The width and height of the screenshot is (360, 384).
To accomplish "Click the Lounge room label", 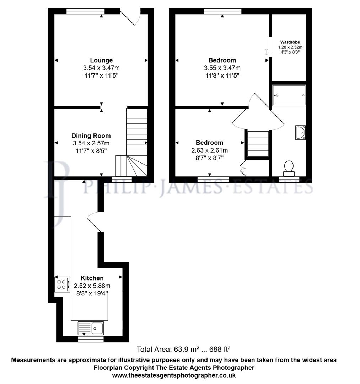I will (101, 60).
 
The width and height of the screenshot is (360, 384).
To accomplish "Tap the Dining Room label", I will (91, 135).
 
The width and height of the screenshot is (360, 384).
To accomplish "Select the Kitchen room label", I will (92, 278).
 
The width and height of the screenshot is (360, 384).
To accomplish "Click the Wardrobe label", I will (290, 42).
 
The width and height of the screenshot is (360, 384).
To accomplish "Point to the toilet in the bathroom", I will (289, 167).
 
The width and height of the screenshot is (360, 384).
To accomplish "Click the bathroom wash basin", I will (300, 132).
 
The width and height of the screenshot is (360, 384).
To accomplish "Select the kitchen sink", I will (91, 327).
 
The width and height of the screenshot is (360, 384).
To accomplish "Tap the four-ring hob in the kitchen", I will (63, 284).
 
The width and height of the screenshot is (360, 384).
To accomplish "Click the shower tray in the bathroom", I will (289, 95).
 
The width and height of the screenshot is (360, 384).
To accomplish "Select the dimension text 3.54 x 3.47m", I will (101, 68).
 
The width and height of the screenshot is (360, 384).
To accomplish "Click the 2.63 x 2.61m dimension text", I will (210, 150).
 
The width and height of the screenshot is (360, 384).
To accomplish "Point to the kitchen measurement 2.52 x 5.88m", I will (92, 286).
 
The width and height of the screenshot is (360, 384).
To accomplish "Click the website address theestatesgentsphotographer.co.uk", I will (174, 375).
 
